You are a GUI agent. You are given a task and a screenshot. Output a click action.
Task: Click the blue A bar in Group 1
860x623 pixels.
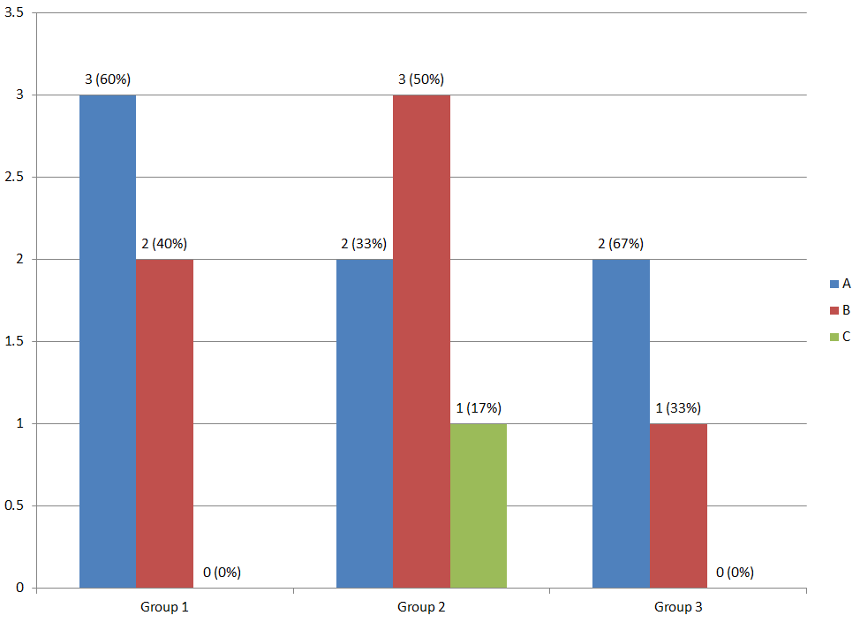tap(108, 341)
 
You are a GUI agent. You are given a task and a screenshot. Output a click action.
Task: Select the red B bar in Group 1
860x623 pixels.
tap(164, 423)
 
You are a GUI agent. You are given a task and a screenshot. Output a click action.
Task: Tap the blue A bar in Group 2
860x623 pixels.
tap(365, 423)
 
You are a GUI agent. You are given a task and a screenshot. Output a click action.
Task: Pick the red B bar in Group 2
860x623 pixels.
tap(421, 341)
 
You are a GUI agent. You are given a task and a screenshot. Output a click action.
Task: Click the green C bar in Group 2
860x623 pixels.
tap(478, 505)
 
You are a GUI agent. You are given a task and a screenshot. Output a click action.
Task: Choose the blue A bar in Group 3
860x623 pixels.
tap(621, 423)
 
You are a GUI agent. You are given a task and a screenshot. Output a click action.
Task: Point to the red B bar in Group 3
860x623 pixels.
tap(678, 505)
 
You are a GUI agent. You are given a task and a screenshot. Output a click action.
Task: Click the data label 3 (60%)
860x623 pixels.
tap(108, 80)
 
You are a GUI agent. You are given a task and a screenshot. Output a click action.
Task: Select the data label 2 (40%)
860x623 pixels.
tap(164, 244)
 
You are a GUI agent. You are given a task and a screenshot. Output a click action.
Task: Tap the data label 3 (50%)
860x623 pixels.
tap(421, 80)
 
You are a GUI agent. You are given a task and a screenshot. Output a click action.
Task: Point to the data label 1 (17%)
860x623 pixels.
tap(478, 408)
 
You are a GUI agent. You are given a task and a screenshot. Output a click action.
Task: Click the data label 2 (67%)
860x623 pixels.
tap(621, 244)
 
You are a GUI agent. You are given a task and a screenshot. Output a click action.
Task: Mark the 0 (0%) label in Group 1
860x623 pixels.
tap(222, 573)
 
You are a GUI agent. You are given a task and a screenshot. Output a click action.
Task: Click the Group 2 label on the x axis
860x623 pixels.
tap(421, 607)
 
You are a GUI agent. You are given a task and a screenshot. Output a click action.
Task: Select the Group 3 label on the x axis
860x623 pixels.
tap(678, 607)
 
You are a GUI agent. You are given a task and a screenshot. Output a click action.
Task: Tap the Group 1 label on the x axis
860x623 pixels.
tap(164, 607)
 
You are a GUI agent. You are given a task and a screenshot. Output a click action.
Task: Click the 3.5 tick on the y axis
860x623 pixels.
tap(13, 13)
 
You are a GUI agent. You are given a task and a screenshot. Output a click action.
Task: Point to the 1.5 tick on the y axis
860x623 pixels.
tap(13, 342)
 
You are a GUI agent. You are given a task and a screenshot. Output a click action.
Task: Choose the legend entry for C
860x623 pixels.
tap(840, 336)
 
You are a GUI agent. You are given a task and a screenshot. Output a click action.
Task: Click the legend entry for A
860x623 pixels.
tap(840, 284)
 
